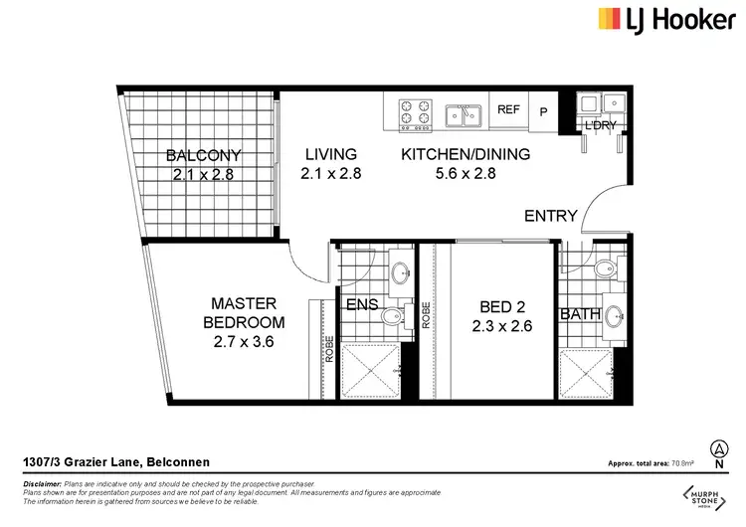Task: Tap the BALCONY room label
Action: (x=204, y=155)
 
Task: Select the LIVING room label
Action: (x=330, y=154)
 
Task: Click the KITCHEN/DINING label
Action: (x=465, y=154)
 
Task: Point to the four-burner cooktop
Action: (x=415, y=114)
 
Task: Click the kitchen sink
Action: (x=463, y=115)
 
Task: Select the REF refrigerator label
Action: (x=508, y=109)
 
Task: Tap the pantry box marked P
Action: (x=543, y=112)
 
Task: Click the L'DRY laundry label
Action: (x=599, y=125)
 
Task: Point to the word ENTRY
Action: (x=551, y=216)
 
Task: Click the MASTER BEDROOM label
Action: (x=244, y=312)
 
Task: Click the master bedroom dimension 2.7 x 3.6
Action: (x=244, y=341)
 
